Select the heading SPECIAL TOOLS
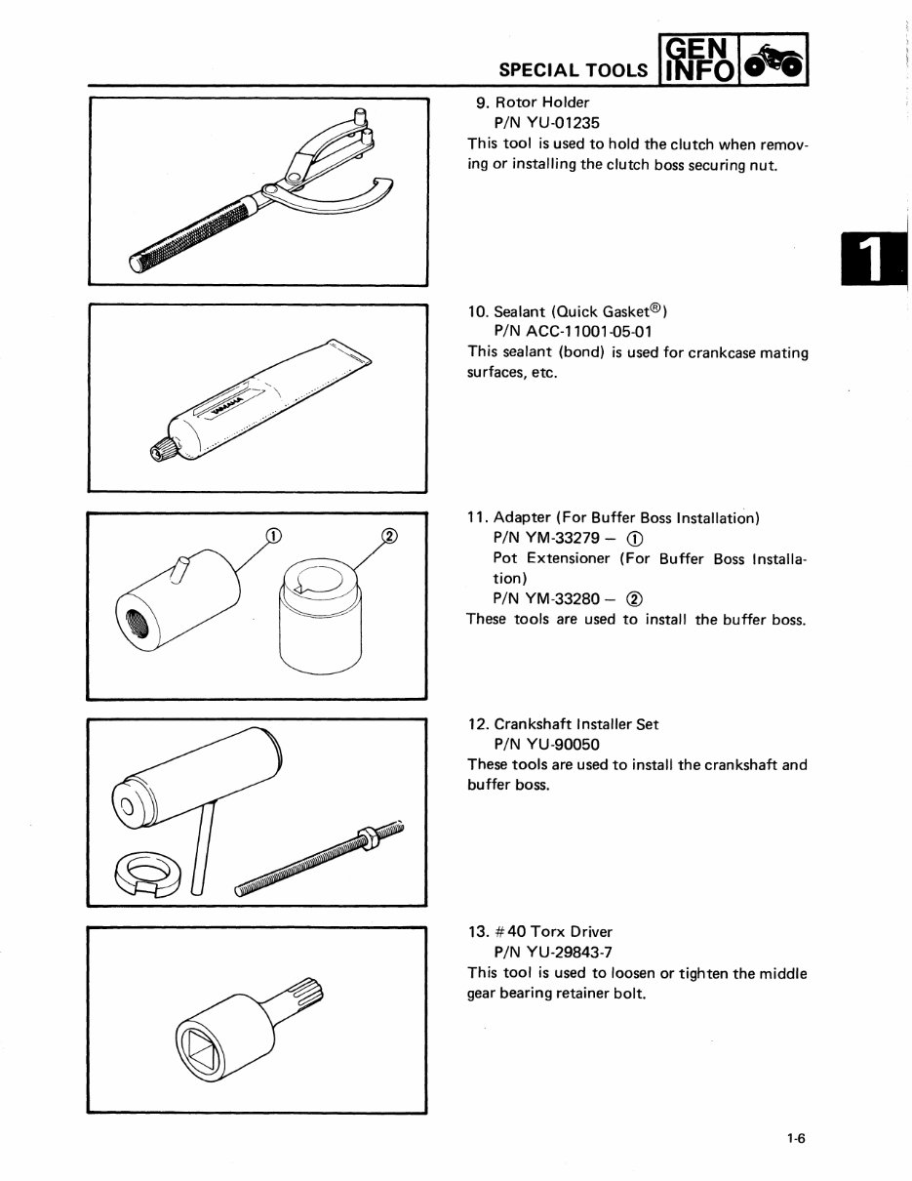(572, 70)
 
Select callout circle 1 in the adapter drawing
(274, 534)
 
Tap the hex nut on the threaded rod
(368, 835)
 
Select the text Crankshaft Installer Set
(575, 724)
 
